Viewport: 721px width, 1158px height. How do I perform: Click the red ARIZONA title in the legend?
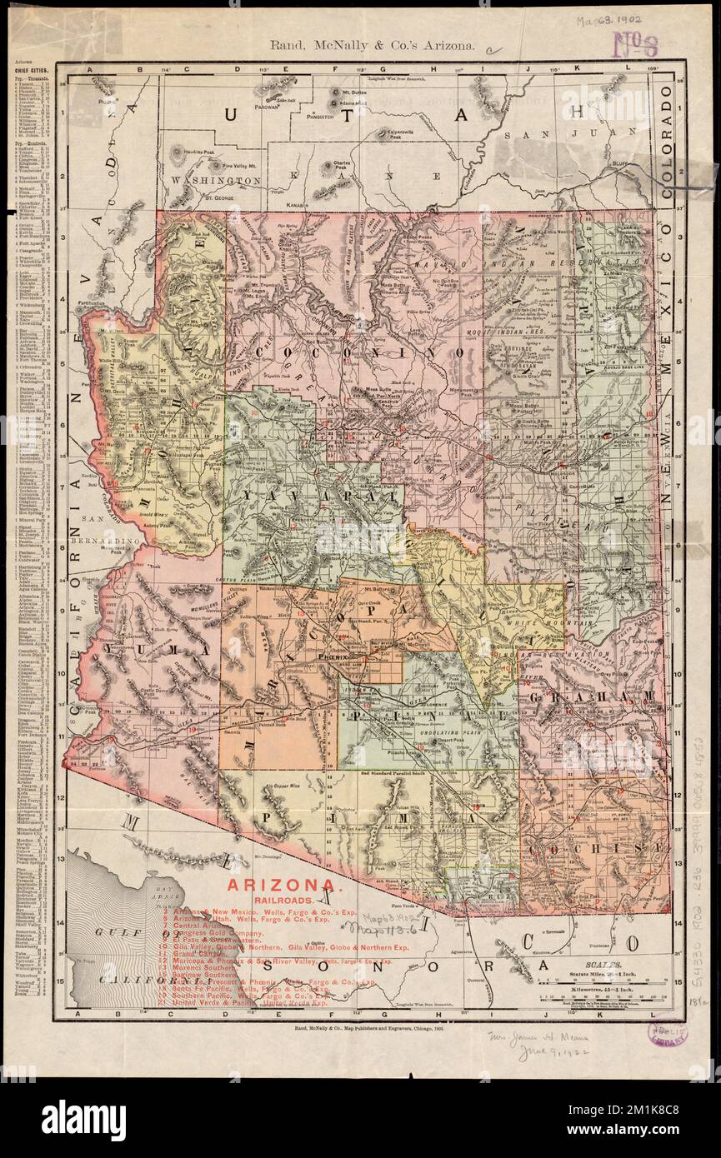tap(279, 884)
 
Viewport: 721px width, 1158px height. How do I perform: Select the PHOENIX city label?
tap(337, 656)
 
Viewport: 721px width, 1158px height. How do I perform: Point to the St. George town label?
tap(216, 197)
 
